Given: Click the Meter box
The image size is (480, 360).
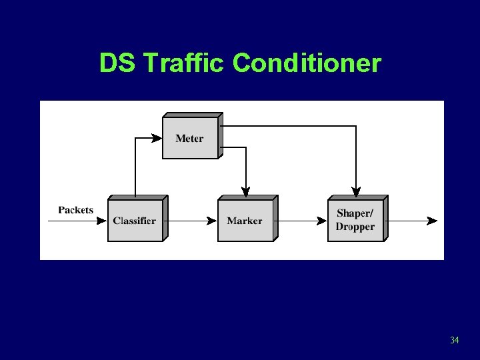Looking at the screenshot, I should coord(190,138).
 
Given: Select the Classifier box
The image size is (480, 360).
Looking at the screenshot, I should coord(135,220).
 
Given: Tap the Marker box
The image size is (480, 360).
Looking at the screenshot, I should coord(245,220).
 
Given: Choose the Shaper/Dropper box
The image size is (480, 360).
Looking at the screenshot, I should coord(355,220).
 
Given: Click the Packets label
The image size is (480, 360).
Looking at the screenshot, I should coord(75,210).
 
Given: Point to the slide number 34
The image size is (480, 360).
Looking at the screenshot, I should coord(454,341).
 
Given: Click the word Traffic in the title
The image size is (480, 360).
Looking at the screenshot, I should coord(185,63).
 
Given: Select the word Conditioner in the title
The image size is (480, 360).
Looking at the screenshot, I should coord(307,63).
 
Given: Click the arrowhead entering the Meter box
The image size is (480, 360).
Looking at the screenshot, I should coord(157,139).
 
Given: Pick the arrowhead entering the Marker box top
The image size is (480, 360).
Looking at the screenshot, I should coord(245,193).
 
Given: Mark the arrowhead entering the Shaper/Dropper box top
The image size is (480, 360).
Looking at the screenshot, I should coord(356,193).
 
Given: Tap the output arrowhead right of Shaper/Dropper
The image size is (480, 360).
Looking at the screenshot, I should coord(433,221).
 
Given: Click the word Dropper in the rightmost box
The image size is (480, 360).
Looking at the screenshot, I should coord(355,227).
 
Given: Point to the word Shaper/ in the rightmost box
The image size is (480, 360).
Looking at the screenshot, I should coord(355,213).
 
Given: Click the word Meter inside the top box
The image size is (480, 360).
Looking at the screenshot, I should coord(190,139).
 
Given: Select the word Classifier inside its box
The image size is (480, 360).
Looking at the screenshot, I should coord(135,221).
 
